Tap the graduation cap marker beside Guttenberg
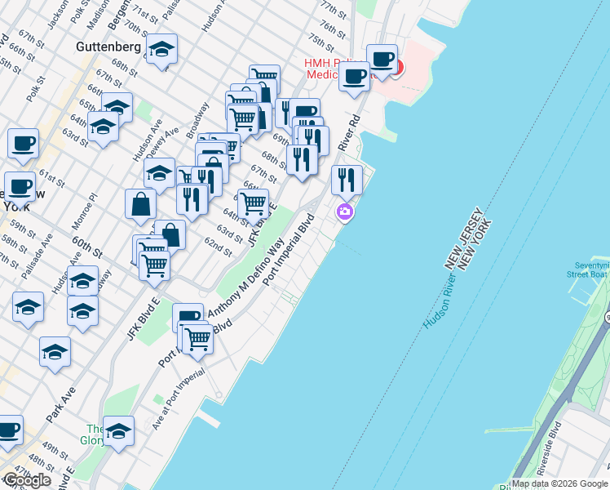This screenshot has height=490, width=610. [x=162, y=50]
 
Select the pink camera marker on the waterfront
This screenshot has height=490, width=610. [x=345, y=212]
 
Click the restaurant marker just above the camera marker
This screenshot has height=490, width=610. [x=347, y=179]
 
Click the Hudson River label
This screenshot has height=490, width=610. [x=441, y=290]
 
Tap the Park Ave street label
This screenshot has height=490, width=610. [x=60, y=404]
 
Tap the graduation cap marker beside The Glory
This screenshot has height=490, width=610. [x=118, y=430]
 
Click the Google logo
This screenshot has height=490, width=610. [x=27, y=480]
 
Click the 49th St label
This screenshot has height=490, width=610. [x=55, y=449]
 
